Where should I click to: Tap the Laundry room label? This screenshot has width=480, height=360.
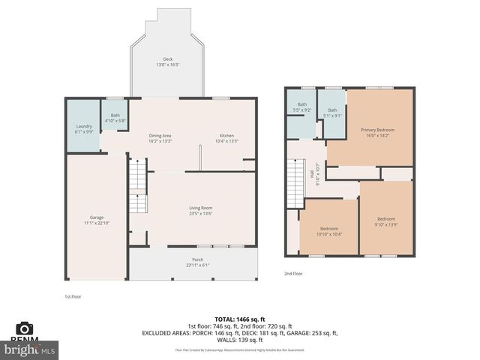84,128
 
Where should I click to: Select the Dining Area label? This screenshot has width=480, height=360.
160,138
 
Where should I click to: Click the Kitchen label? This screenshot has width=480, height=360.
226,138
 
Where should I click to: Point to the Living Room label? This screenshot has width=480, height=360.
200,210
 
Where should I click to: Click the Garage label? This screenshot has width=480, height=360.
97,220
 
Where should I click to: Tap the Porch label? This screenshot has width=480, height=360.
197,262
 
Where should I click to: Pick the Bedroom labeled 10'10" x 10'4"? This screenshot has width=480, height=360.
328,231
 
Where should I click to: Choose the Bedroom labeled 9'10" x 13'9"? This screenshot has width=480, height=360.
386,222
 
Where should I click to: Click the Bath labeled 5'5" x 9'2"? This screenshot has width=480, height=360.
302,106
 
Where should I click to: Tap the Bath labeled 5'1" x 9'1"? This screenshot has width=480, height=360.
331,112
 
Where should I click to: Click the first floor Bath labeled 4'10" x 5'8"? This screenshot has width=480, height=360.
115,117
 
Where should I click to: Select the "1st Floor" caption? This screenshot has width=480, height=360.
73,296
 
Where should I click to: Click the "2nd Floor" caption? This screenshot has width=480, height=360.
293,274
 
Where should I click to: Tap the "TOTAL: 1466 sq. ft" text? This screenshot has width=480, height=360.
239,319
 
